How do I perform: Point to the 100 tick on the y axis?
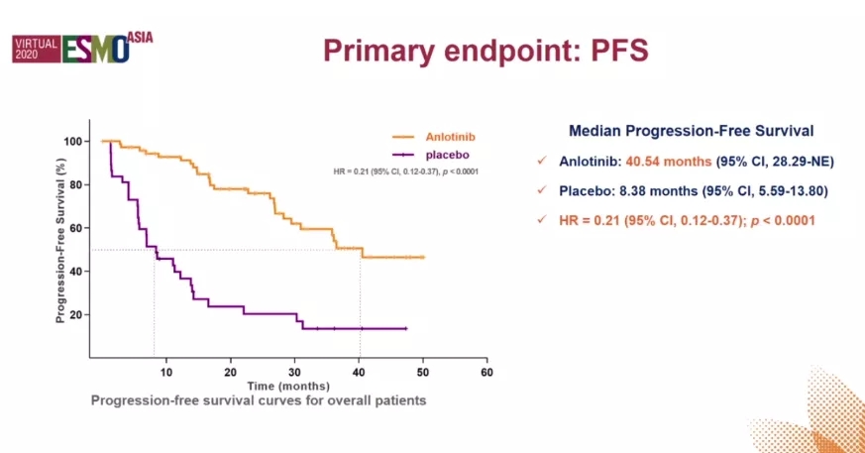pyautogui.click(x=73, y=141)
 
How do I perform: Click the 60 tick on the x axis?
pyautogui.click(x=487, y=372)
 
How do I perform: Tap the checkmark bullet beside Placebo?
pyautogui.click(x=540, y=191)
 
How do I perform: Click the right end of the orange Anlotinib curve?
pyautogui.click(x=423, y=257)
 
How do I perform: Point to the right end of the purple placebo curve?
pyautogui.click(x=406, y=328)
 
